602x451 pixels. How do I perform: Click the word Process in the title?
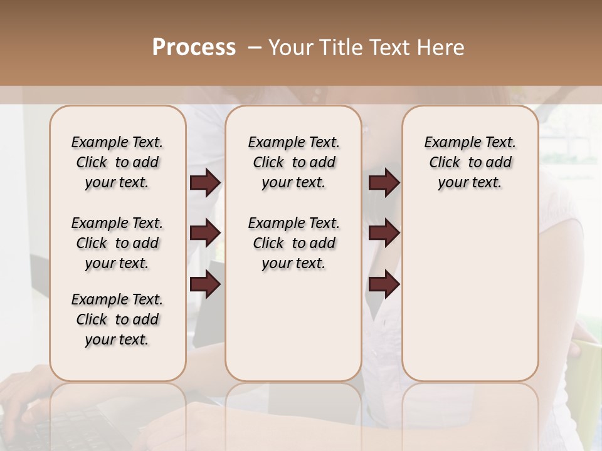pos(194,48)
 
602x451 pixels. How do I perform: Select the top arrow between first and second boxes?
pos(205,183)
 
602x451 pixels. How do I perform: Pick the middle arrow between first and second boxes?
pos(205,233)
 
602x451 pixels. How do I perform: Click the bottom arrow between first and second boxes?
pos(205,284)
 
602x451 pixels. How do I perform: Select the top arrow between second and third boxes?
pos(384,183)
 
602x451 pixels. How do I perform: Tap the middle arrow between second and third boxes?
pos(384,233)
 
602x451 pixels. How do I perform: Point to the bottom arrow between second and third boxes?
pos(384,284)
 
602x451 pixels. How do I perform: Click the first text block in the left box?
pos(117,162)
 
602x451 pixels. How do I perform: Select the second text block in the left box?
pos(117,243)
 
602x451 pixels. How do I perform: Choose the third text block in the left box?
pos(117,319)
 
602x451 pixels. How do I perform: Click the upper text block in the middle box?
pos(294,162)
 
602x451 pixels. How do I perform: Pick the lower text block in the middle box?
pos(294,243)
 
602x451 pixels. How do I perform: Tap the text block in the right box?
pos(470,162)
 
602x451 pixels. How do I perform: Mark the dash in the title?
pos(255,48)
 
